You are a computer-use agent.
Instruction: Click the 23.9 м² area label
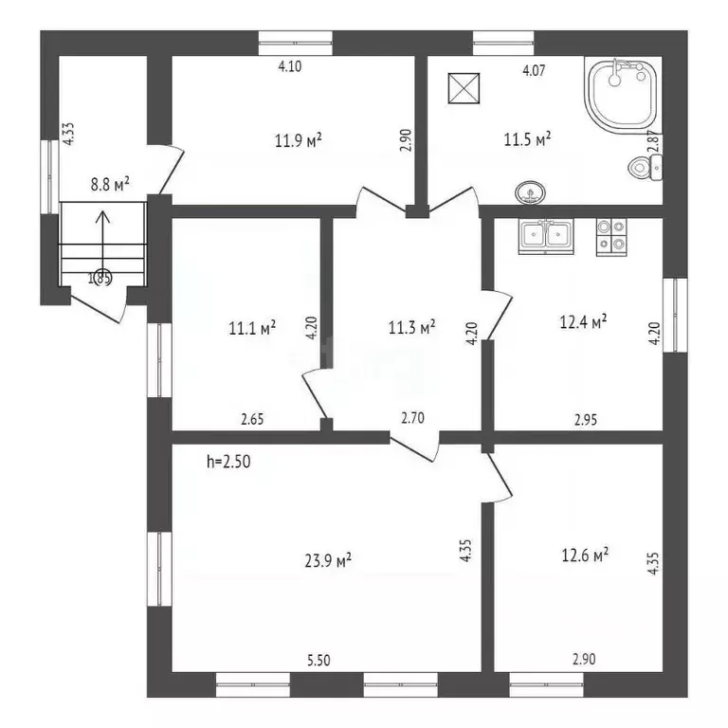click(328, 560)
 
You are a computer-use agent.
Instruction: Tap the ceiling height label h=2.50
click(228, 462)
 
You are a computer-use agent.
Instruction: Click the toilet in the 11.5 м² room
click(645, 167)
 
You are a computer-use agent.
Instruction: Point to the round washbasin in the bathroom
click(530, 192)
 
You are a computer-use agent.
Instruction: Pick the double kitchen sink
click(546, 237)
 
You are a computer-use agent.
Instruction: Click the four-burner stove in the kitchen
click(611, 237)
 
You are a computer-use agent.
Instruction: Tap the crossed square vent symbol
click(464, 88)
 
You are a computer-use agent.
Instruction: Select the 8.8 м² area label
click(110, 184)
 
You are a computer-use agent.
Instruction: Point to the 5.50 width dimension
click(318, 660)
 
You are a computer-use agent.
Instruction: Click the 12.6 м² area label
click(585, 555)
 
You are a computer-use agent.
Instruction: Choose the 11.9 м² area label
click(298, 139)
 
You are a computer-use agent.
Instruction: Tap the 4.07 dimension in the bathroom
click(534, 70)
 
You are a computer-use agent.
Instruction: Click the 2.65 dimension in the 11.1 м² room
click(252, 419)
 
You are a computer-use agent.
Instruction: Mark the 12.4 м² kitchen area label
click(583, 321)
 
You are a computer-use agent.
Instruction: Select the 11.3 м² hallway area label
click(411, 327)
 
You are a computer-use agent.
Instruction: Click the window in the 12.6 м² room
click(546, 684)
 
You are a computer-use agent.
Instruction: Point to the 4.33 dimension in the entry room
click(68, 134)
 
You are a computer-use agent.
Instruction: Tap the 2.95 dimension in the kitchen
click(586, 420)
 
